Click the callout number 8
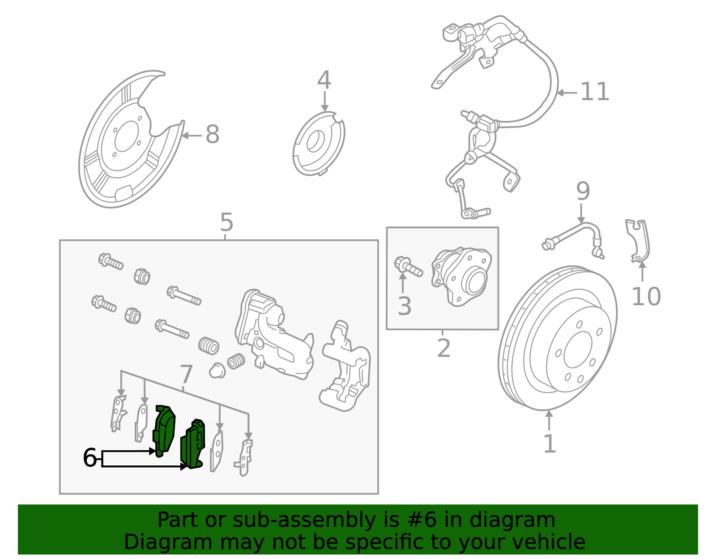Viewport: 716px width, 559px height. [x=212, y=134]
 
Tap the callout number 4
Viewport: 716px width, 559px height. [x=324, y=81]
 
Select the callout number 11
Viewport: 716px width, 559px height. [x=595, y=92]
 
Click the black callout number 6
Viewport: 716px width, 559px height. [x=89, y=458]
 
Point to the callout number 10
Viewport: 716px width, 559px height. [x=646, y=297]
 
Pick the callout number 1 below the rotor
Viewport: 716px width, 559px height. [x=549, y=444]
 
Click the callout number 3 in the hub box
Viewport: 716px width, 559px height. [x=404, y=307]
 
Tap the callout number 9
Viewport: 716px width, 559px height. [x=583, y=192]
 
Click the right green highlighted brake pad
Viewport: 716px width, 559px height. [x=192, y=445]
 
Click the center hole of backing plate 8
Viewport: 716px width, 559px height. [x=125, y=139]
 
